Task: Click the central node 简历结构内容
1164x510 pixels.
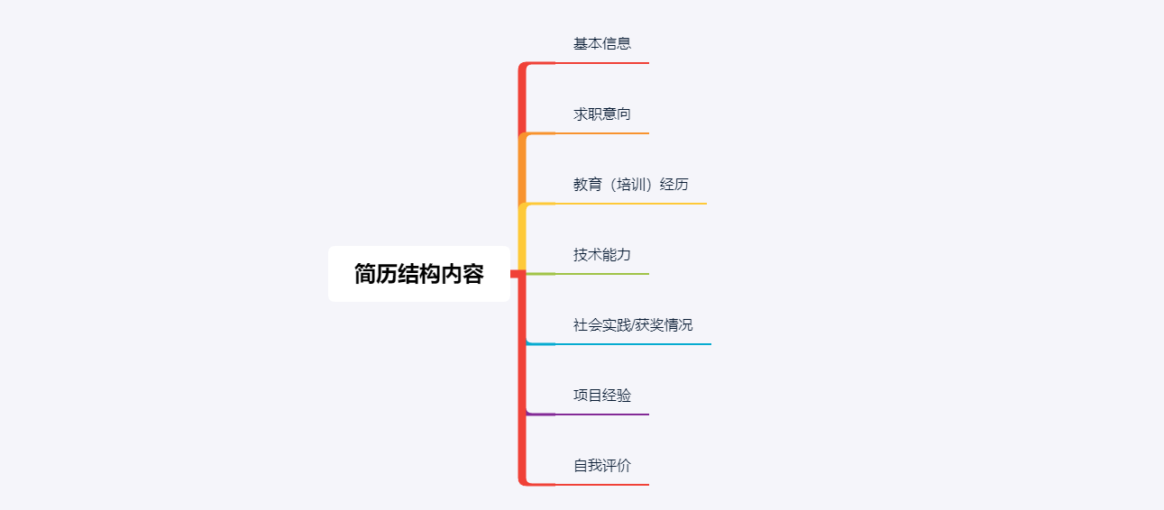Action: point(418,274)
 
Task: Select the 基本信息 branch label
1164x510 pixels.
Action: point(602,43)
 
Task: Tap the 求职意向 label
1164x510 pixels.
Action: point(602,114)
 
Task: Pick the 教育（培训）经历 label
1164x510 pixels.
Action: point(631,185)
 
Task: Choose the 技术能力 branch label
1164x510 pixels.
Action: point(602,255)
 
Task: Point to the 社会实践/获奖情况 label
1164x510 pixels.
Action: point(633,325)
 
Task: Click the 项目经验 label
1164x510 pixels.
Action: point(602,396)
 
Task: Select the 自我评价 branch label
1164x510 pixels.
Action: point(602,466)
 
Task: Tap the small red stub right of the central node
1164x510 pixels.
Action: point(516,273)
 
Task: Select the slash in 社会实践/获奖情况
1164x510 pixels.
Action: point(632,325)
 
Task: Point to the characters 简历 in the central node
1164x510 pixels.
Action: point(375,274)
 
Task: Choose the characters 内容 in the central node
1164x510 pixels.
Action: point(462,274)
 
